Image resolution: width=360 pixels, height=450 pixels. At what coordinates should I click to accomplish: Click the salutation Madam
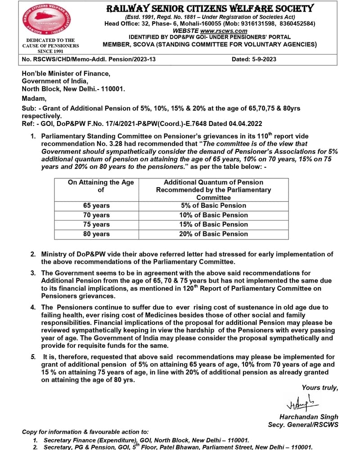click(34, 98)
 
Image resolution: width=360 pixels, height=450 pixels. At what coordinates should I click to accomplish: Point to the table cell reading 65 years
click(96, 205)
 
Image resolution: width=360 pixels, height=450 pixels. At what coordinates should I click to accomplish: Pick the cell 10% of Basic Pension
click(213, 215)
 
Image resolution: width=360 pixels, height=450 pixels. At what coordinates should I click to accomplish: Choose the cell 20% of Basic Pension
click(213, 234)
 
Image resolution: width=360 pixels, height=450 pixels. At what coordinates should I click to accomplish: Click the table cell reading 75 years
click(96, 224)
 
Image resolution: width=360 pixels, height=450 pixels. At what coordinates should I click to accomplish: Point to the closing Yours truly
click(319, 387)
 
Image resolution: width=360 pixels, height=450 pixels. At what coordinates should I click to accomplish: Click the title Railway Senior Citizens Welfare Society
click(210, 8)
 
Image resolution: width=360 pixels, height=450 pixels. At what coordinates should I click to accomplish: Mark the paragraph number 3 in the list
click(33, 273)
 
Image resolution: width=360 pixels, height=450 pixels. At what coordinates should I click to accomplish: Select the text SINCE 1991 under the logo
click(50, 51)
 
